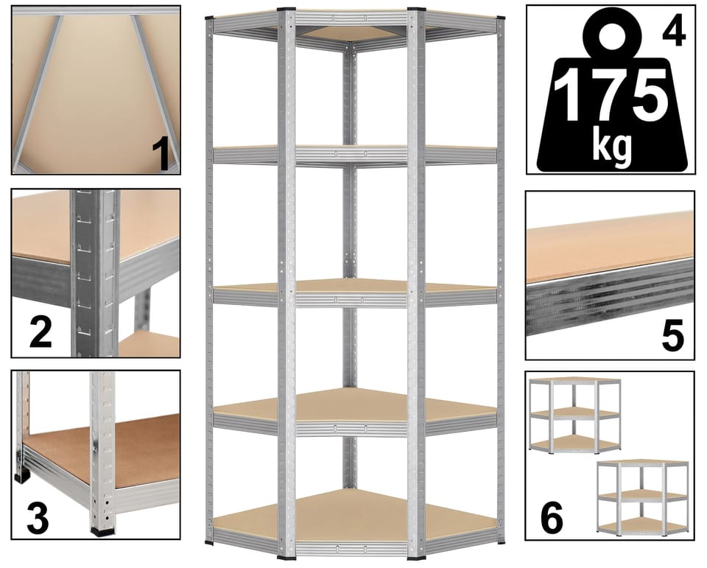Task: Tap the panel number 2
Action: [40, 332]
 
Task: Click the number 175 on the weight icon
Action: [612, 96]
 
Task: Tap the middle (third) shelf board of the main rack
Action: [355, 286]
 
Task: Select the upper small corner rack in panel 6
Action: [574, 415]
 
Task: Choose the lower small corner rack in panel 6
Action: [642, 497]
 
